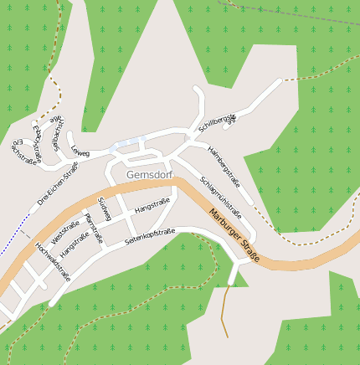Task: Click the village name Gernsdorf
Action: pyautogui.click(x=148, y=175)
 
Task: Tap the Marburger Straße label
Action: pyautogui.click(x=234, y=239)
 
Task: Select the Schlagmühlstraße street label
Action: pyautogui.click(x=226, y=195)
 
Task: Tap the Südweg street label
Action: pyautogui.click(x=105, y=209)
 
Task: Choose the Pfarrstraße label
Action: pyautogui.click(x=93, y=227)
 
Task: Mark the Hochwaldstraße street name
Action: pyautogui.click(x=53, y=261)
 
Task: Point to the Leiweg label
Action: pyautogui.click(x=80, y=152)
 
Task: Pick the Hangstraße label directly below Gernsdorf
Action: pyautogui.click(x=152, y=203)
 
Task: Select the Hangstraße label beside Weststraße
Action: pyautogui.click(x=75, y=244)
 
